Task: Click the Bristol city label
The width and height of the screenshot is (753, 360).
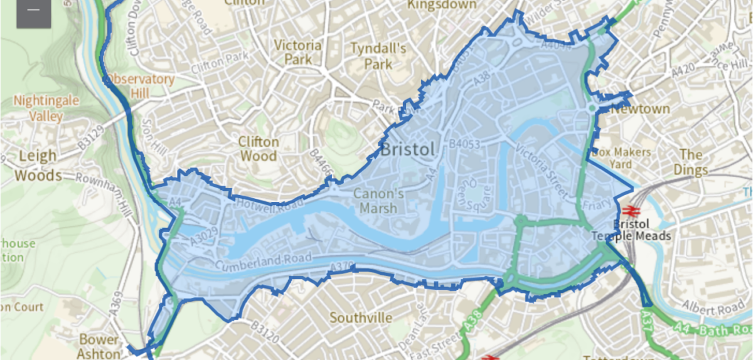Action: (x=407, y=150)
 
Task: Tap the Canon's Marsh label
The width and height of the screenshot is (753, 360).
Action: (x=378, y=201)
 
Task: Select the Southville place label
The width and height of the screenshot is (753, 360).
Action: (x=361, y=318)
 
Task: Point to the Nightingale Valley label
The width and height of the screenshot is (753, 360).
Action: (x=39, y=109)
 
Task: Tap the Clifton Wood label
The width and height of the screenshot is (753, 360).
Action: (x=259, y=149)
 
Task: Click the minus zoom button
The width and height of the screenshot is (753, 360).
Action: (x=34, y=11)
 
